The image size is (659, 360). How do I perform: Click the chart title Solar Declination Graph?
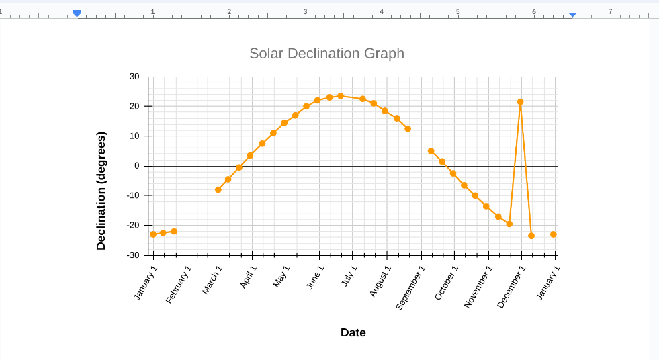tap(326, 54)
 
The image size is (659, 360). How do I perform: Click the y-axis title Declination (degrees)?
tap(101, 191)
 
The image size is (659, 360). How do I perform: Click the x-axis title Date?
tap(353, 332)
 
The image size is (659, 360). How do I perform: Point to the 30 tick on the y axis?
tap(134, 77)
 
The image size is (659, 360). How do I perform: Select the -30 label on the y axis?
tap(133, 255)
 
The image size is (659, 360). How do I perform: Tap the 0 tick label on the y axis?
tap(136, 166)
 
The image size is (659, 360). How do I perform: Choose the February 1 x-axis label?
tap(179, 284)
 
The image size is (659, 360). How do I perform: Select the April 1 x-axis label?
tap(249, 277)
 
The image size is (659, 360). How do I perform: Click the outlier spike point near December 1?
tap(520, 102)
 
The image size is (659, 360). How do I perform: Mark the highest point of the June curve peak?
tap(341, 96)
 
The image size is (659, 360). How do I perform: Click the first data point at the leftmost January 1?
tap(153, 234)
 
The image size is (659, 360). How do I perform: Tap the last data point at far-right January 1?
tap(554, 234)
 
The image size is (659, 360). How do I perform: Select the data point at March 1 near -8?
tap(218, 190)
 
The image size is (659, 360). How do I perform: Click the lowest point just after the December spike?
tap(531, 236)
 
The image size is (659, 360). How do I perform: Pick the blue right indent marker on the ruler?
tap(572, 14)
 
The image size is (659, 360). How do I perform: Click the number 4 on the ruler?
tap(382, 11)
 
